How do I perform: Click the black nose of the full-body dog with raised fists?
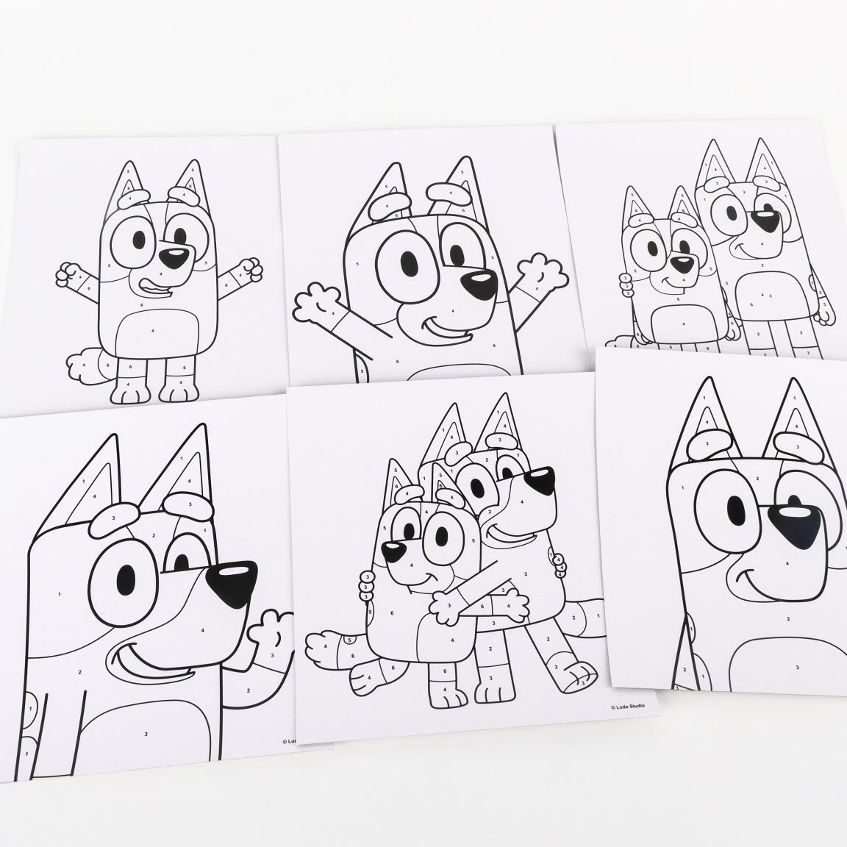click(174, 257)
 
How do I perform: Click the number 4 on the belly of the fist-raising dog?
click(153, 332)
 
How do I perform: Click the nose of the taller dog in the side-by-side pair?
click(768, 218)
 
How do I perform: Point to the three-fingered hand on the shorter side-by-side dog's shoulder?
click(626, 285)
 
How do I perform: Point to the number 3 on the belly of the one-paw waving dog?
click(146, 733)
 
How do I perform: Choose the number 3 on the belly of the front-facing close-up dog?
click(797, 666)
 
